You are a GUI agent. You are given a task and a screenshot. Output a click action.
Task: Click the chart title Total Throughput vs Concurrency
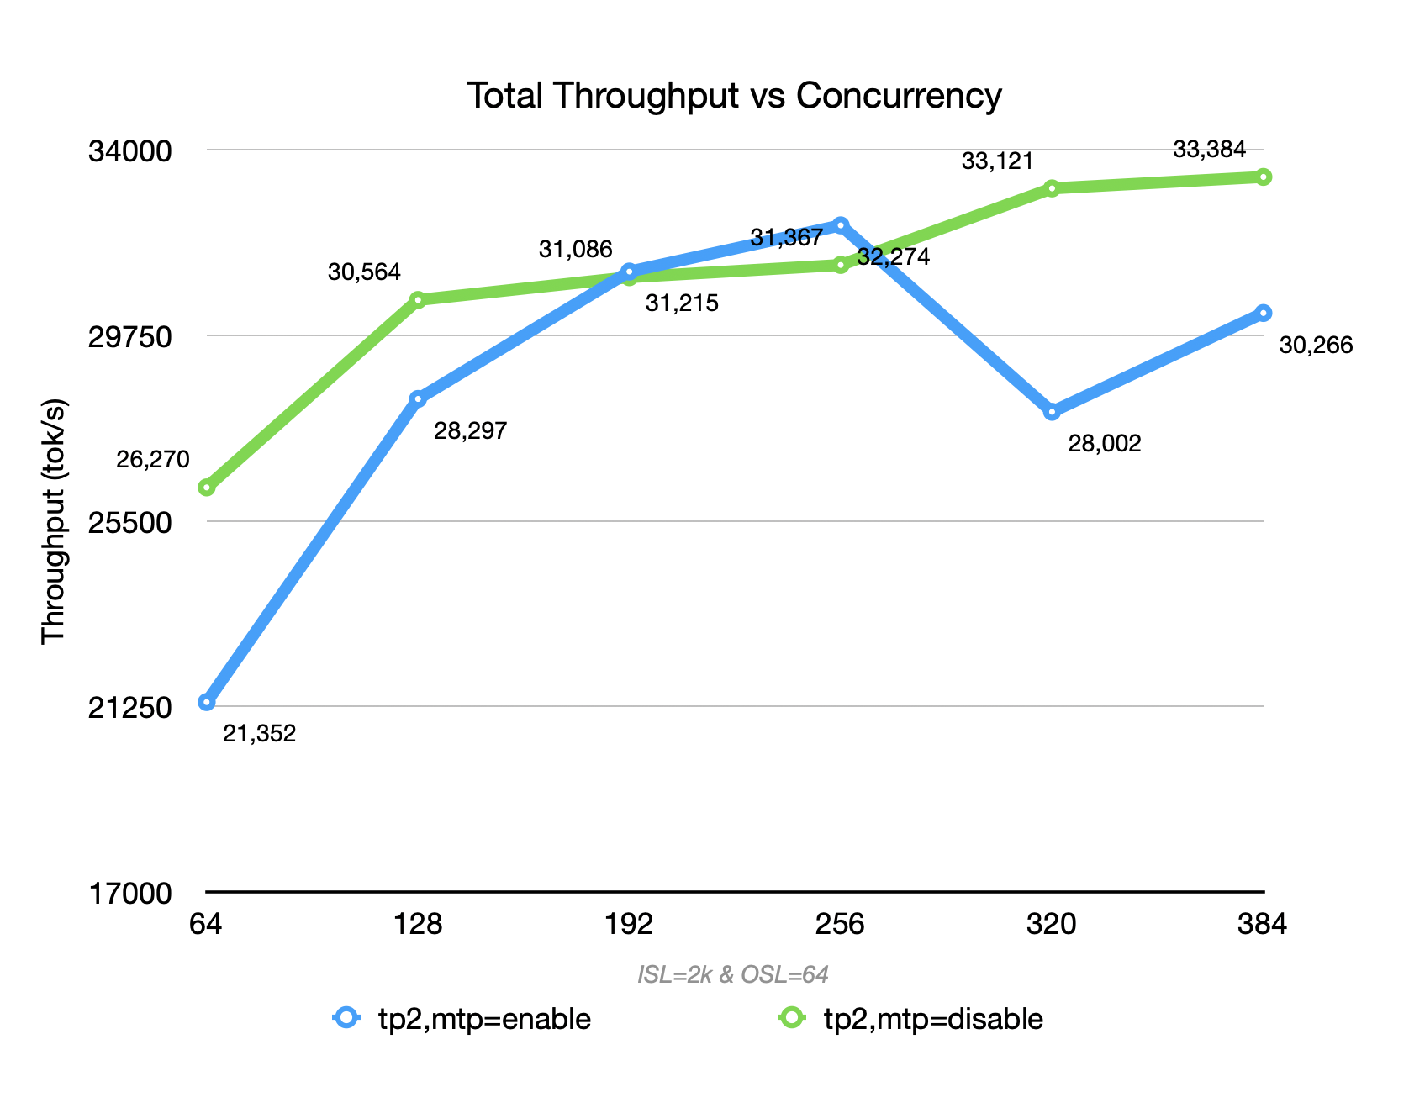coord(734,96)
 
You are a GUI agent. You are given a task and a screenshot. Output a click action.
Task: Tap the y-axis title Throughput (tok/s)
coord(53,521)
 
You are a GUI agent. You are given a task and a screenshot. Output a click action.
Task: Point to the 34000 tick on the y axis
coord(129,152)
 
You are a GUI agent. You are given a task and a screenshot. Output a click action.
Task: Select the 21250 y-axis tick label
coord(129,708)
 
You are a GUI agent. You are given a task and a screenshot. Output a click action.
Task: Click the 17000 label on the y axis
coord(129,894)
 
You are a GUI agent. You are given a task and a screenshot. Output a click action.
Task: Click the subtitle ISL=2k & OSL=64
coord(733,974)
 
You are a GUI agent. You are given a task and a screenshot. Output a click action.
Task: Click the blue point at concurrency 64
coord(206,702)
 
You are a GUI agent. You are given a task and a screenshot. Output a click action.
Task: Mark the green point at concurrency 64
coord(206,488)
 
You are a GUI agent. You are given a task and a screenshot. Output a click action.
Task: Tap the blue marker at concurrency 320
coord(1052,411)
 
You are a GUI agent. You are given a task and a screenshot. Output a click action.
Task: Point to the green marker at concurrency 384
coord(1263,177)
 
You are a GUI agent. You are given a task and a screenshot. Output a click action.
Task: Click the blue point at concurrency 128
coord(418,398)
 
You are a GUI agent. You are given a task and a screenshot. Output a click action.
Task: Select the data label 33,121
coord(997,161)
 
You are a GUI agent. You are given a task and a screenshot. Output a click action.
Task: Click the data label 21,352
coord(259,734)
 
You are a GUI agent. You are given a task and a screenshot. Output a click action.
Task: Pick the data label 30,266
coord(1316,346)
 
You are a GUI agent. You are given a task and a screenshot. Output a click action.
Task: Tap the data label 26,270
coord(153,460)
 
